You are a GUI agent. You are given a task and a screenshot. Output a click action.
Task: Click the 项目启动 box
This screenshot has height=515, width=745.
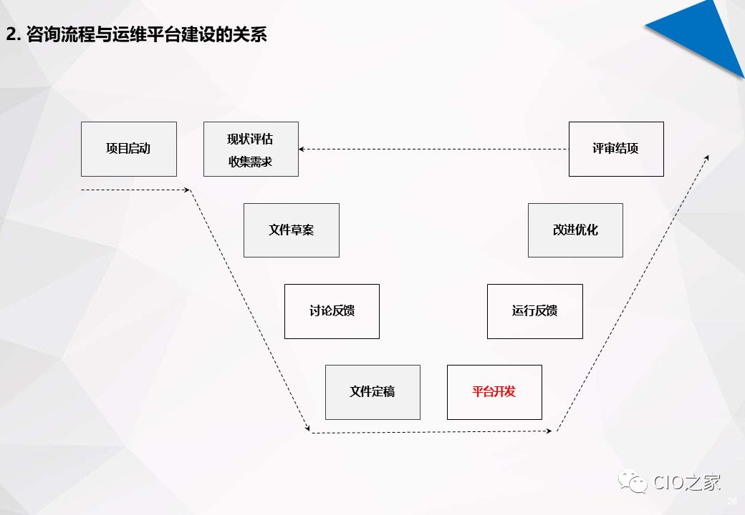(128, 149)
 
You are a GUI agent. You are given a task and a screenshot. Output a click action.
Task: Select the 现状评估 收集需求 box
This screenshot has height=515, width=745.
(251, 149)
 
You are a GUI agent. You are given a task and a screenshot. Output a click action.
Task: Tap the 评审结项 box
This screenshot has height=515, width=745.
(615, 149)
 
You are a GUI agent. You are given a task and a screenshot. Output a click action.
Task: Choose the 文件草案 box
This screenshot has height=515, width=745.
(291, 230)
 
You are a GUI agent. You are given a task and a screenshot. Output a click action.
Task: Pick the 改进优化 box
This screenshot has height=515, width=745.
(575, 230)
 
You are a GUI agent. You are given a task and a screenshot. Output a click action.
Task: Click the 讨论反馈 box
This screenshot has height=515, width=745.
(332, 311)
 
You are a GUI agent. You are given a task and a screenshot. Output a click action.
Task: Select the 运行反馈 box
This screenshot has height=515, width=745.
(534, 311)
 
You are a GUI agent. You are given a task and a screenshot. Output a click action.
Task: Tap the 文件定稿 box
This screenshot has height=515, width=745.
(372, 392)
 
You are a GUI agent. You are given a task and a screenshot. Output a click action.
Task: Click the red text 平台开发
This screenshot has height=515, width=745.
(494, 392)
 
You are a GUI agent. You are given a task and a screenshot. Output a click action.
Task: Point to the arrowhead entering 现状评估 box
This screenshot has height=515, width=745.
(302, 149)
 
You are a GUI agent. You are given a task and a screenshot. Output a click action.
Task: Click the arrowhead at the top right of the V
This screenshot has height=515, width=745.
(707, 157)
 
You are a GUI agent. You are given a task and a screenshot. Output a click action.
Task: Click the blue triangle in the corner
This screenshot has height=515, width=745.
(706, 32)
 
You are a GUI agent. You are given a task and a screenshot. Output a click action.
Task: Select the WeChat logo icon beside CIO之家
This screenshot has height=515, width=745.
(633, 482)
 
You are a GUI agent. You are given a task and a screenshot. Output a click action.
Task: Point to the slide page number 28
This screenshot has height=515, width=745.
(731, 500)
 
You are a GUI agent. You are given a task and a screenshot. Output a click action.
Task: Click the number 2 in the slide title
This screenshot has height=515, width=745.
(11, 34)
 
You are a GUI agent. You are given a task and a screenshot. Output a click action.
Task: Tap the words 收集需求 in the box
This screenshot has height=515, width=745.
(251, 162)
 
